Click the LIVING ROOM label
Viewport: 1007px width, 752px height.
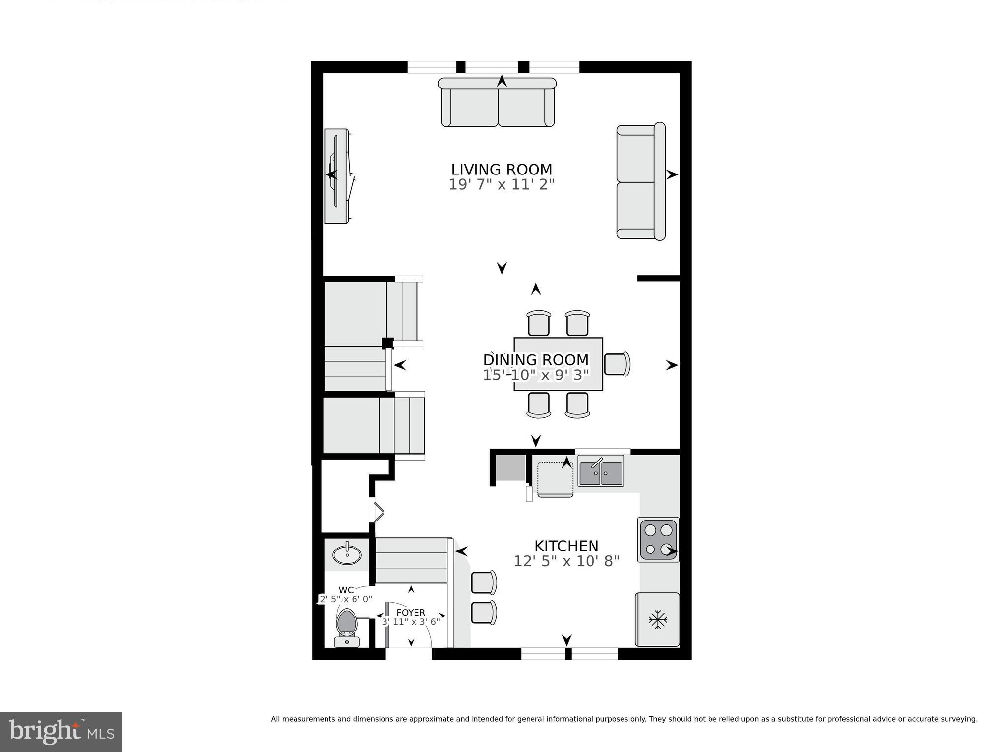502,170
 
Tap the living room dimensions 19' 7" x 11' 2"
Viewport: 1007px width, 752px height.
502,185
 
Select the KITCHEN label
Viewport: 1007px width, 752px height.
566,546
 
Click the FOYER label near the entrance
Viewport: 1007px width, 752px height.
411,613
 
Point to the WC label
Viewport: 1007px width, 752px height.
346,590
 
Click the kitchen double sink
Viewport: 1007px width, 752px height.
600,472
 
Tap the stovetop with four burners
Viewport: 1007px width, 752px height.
658,539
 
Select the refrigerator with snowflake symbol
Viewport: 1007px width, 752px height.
657,619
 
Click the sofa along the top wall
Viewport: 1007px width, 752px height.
498,102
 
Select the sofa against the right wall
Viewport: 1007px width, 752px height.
641,182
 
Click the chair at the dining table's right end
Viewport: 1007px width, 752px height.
617,364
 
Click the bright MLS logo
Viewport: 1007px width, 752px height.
61,731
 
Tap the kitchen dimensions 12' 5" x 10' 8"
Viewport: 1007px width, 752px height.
566,561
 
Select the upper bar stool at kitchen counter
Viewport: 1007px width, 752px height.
484,582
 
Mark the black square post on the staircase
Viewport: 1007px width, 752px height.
387,343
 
